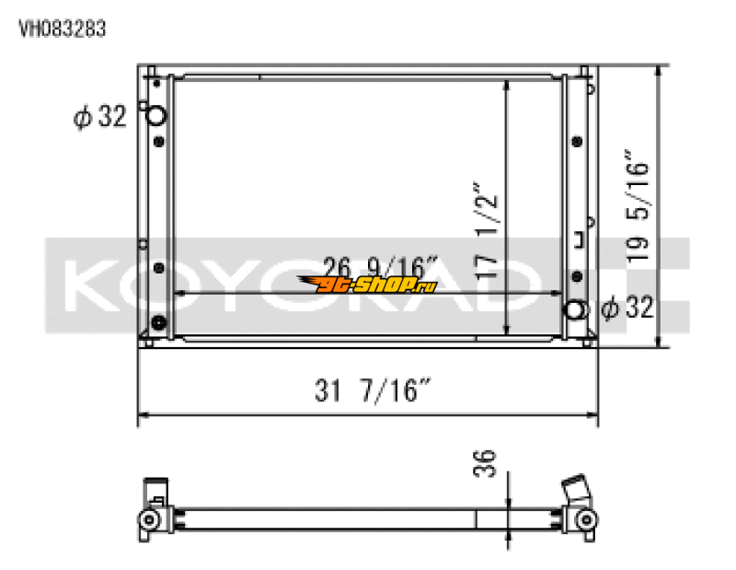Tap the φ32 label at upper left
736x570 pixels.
click(x=99, y=118)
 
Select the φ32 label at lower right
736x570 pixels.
click(x=627, y=308)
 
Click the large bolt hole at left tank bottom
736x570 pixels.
click(x=159, y=323)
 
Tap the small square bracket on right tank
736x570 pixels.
click(x=579, y=243)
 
